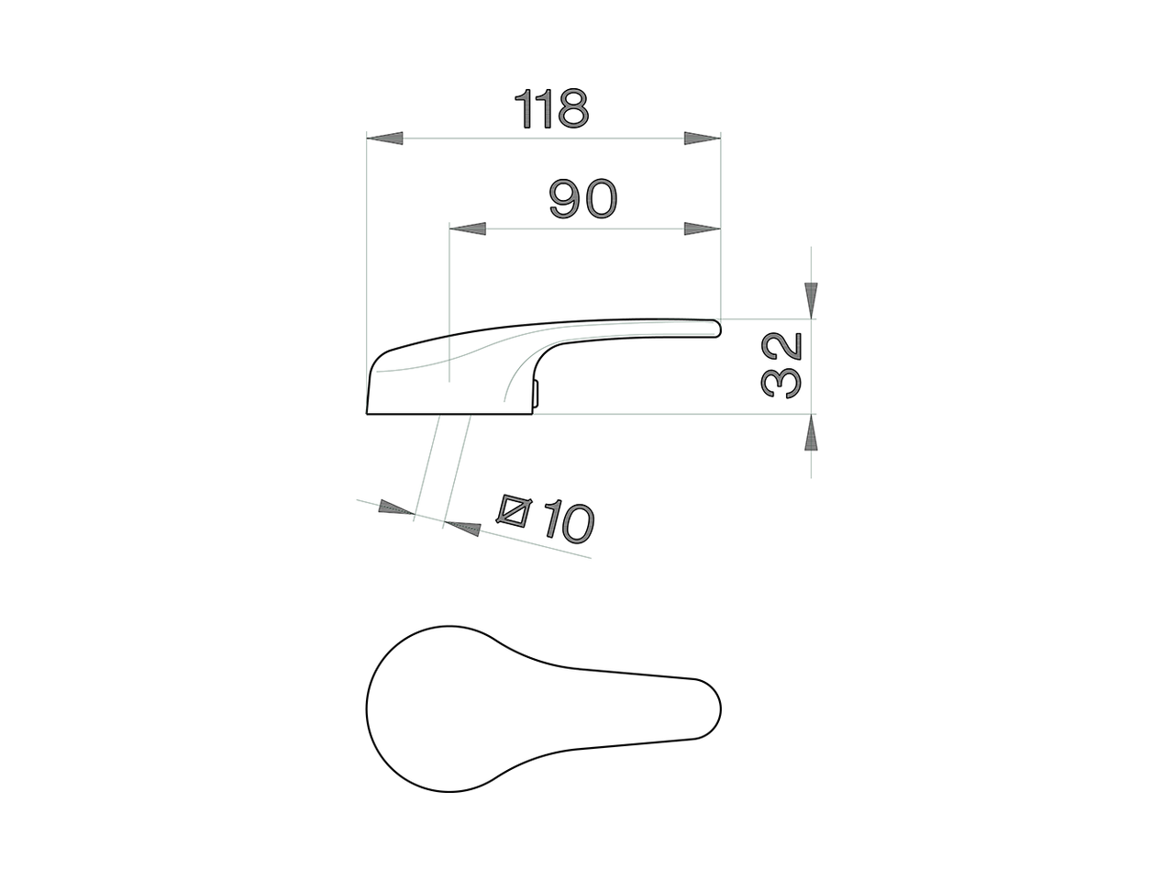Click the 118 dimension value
point(551,109)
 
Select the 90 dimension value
point(583,199)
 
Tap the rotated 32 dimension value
point(781,364)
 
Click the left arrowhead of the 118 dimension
point(385,139)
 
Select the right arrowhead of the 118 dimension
point(702,139)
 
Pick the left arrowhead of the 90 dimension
point(467,229)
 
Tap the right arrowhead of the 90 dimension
point(702,229)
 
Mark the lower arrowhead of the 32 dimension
point(811,432)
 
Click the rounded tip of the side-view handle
point(715,327)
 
